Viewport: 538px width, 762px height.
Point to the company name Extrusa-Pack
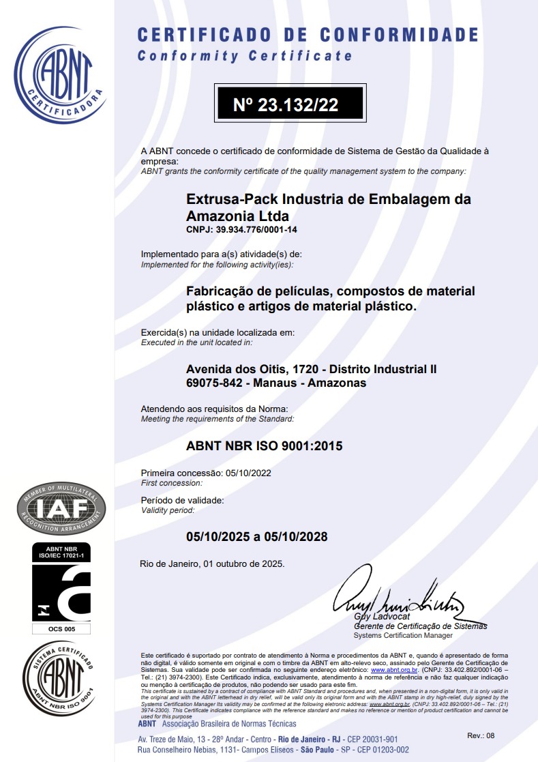(229, 199)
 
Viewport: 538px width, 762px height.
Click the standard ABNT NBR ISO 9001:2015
(265, 447)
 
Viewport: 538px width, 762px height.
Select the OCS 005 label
(61, 629)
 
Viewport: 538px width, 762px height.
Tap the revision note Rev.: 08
(481, 735)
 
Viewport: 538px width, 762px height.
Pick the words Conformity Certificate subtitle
(245, 56)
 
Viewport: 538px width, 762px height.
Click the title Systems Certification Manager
(403, 635)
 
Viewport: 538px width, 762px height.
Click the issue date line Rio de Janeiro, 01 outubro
(212, 564)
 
